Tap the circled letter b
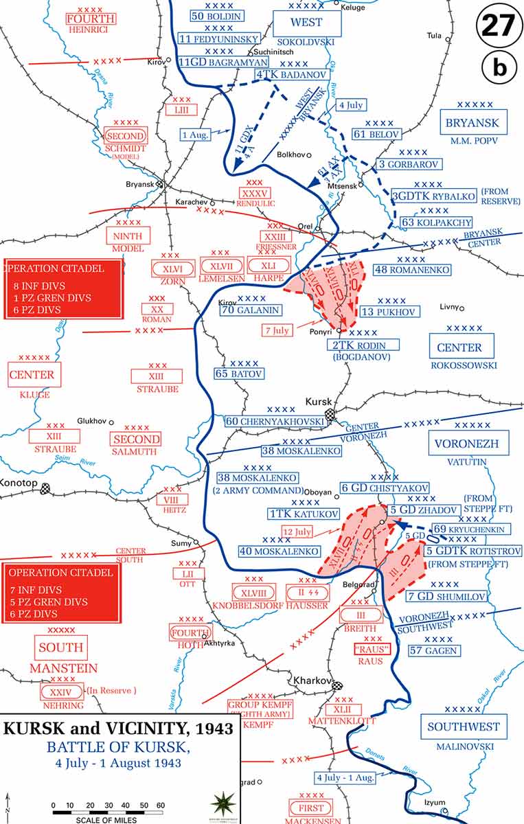500,67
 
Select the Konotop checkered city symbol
46,488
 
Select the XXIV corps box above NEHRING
61,691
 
